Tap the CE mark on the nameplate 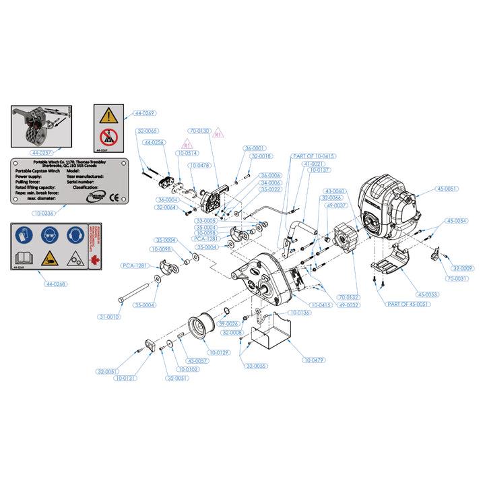[x=115, y=198]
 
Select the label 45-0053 [x=426, y=294]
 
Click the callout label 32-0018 [x=261, y=156]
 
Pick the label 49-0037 [x=339, y=205]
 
